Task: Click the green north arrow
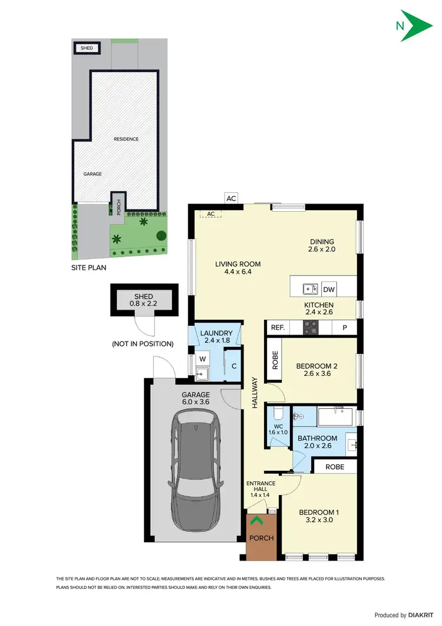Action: [415, 25]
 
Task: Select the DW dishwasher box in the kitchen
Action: [329, 289]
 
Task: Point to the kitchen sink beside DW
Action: [310, 289]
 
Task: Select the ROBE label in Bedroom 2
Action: [275, 360]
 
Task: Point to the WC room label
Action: [279, 427]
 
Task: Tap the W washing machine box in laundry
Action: [202, 358]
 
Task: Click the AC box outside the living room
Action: [231, 198]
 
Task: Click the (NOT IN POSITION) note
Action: [143, 343]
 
